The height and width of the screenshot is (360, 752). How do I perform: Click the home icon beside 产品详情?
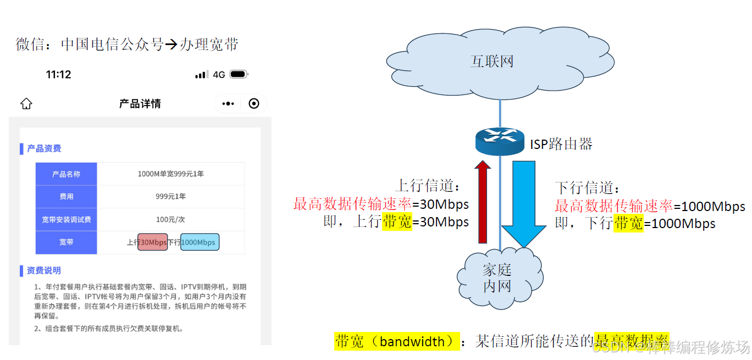click(x=26, y=104)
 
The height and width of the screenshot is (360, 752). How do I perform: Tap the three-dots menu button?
click(x=228, y=104)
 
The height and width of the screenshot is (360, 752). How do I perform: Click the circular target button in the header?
click(x=253, y=104)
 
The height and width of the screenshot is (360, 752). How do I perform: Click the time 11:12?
click(x=58, y=75)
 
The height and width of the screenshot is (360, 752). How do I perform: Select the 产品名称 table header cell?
click(x=66, y=174)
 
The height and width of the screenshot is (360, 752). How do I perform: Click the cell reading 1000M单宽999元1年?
click(x=170, y=174)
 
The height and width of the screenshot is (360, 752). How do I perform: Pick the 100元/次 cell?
click(x=170, y=220)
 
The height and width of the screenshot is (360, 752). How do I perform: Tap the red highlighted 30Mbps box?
click(x=153, y=242)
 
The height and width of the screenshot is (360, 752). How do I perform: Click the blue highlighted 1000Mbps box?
click(x=200, y=242)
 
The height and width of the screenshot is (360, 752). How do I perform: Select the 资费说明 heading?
click(x=44, y=270)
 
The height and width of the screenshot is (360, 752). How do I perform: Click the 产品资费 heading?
click(x=44, y=148)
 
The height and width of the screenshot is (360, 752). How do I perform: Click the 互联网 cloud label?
click(x=492, y=61)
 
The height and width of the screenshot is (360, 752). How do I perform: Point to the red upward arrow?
click(x=483, y=201)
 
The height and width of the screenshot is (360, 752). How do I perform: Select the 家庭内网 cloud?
click(x=497, y=278)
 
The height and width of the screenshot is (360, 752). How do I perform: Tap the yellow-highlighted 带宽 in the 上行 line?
click(x=397, y=221)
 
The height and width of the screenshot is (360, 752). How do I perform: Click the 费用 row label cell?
click(x=66, y=197)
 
